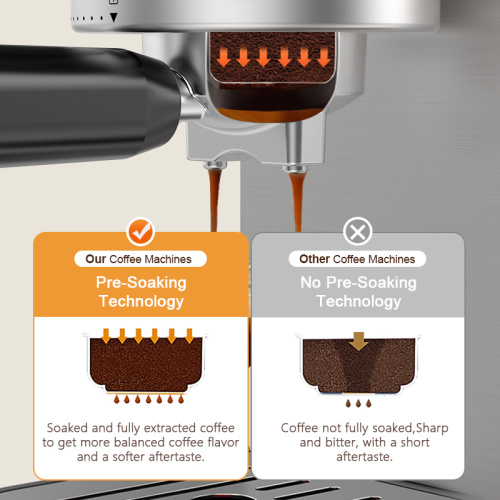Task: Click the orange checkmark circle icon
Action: point(142,232)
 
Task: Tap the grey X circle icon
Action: point(357,232)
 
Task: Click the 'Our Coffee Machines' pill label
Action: point(141,259)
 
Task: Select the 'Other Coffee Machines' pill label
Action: point(357,259)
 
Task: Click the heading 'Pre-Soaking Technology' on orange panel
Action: point(141,291)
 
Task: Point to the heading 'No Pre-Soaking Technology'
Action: point(357,291)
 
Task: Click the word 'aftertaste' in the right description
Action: point(357,456)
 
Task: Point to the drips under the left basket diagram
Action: point(141,400)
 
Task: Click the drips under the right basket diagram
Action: point(357,400)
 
